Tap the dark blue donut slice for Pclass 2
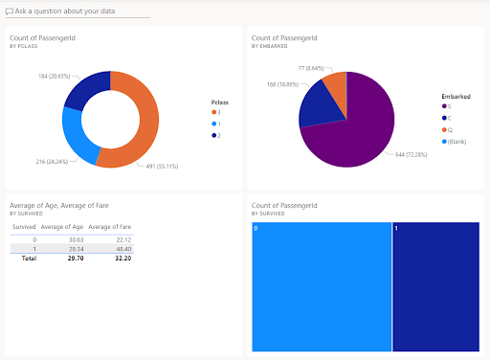(x=87, y=85)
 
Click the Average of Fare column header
(x=110, y=226)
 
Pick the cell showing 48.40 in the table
(x=122, y=247)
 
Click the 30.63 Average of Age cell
(x=78, y=238)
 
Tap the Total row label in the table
(x=29, y=258)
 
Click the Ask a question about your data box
(x=78, y=11)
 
